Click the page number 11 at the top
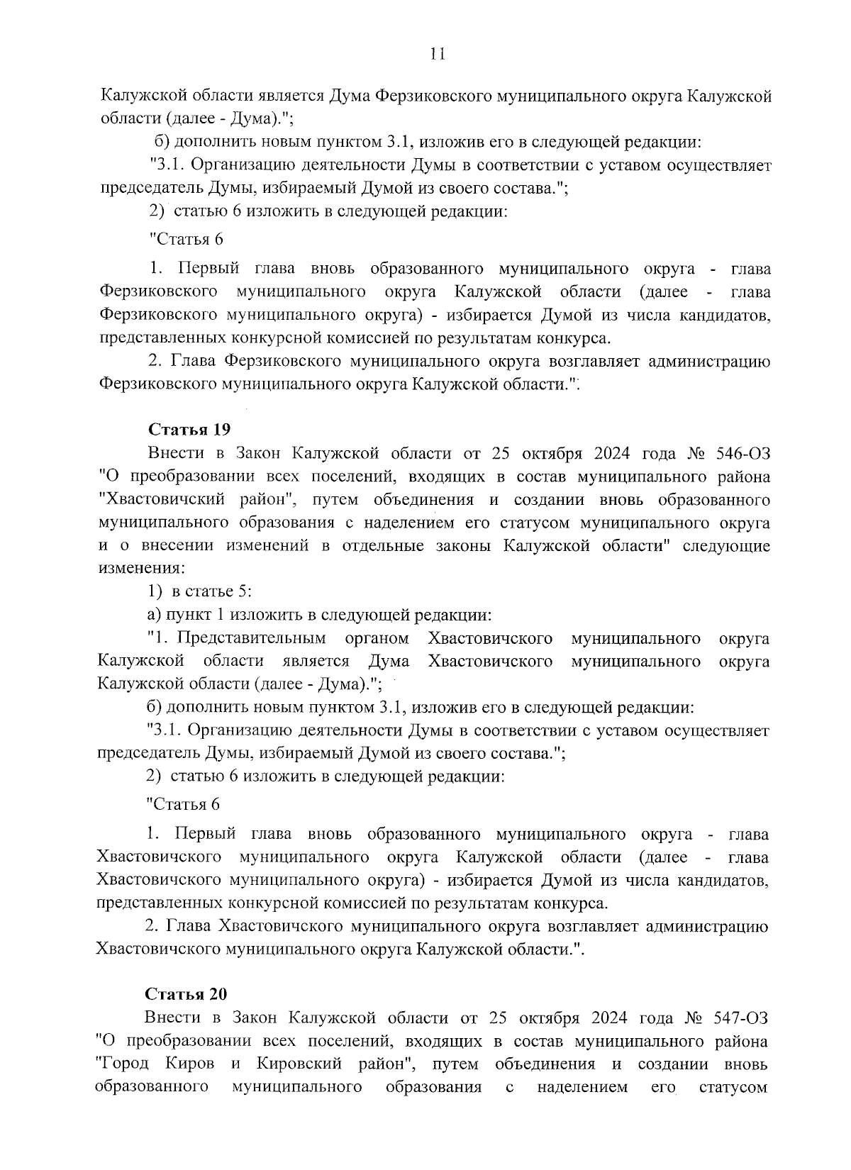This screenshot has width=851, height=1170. coord(437,54)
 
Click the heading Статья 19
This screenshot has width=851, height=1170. coord(189,430)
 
